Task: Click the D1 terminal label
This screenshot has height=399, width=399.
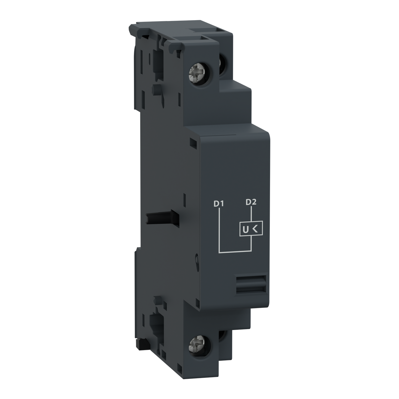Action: click(x=218, y=204)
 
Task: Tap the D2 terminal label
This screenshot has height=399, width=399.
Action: click(x=251, y=202)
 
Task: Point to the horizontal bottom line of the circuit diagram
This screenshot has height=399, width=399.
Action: click(x=235, y=252)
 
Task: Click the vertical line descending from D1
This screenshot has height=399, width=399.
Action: click(x=219, y=229)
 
